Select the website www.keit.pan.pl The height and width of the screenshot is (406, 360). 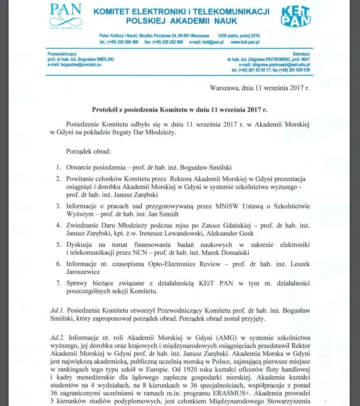point(245,42)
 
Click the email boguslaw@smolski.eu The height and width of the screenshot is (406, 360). point(74,64)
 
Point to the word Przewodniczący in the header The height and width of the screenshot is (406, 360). point(62,53)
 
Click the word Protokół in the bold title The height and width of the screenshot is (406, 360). point(106,110)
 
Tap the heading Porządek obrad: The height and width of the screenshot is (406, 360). point(89,152)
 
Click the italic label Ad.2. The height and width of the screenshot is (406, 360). point(57,338)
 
